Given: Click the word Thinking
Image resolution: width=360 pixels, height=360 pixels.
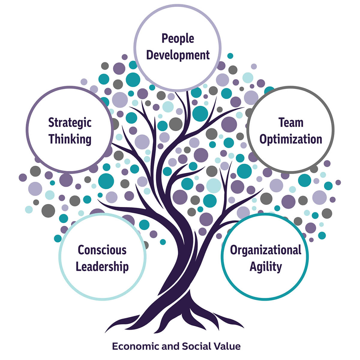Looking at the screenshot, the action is click(70, 139).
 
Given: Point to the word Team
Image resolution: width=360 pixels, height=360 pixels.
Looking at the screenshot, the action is click(291, 123).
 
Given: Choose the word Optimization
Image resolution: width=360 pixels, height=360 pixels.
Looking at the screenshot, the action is click(291, 139).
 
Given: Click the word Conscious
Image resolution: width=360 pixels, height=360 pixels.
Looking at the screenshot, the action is click(102, 250).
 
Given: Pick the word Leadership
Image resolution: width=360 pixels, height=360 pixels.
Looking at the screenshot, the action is click(102, 267).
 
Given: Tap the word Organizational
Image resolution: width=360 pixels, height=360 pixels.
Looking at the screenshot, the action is click(265, 250).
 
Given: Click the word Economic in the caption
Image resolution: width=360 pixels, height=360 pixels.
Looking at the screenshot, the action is click(136, 346).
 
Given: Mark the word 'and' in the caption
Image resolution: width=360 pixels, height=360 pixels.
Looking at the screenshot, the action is click(171, 346).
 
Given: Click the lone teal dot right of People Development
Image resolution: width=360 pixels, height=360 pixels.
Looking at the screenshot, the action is click(230, 56).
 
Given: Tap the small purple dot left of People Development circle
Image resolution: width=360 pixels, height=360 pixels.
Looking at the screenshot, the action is click(124, 57).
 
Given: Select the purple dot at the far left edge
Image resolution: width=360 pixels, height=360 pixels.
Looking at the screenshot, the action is click(23, 178).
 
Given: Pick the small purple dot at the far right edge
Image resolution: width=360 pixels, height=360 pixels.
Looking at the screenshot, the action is click(338, 182).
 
